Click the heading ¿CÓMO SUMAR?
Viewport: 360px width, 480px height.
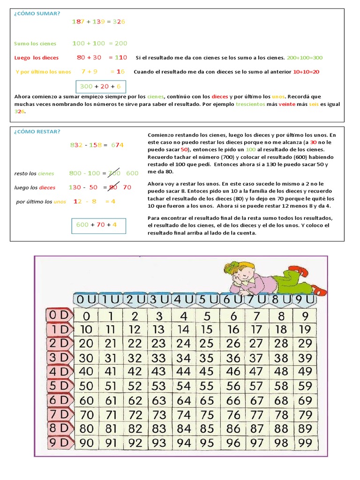click(37, 13)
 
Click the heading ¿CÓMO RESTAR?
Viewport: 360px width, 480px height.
click(37, 131)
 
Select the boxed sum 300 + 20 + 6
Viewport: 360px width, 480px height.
click(100, 86)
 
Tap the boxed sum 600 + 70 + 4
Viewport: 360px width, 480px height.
click(97, 225)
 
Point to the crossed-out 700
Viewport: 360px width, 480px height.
click(113, 173)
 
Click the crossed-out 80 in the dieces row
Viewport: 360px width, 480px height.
click(112, 187)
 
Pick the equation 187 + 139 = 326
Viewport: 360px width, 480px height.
click(98, 22)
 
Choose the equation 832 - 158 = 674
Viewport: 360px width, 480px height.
click(97, 145)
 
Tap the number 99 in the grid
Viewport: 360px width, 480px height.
click(305, 442)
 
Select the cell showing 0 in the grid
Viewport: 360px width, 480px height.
click(86, 316)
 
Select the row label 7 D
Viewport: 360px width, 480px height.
click(58, 414)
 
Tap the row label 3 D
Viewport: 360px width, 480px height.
click(58, 358)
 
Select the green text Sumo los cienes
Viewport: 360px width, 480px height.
click(35, 44)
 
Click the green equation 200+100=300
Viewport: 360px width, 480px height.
click(305, 58)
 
